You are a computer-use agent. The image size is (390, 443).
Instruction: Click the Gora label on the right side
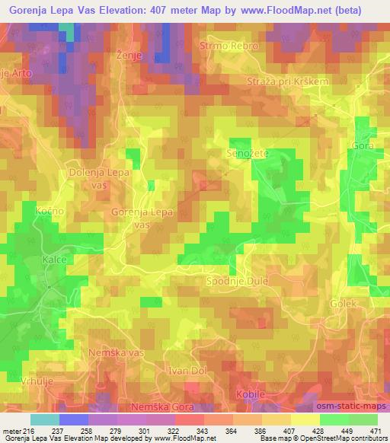(363, 145)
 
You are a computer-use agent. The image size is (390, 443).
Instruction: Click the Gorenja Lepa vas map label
(142, 218)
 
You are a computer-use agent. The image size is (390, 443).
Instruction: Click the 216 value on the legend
(30, 432)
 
